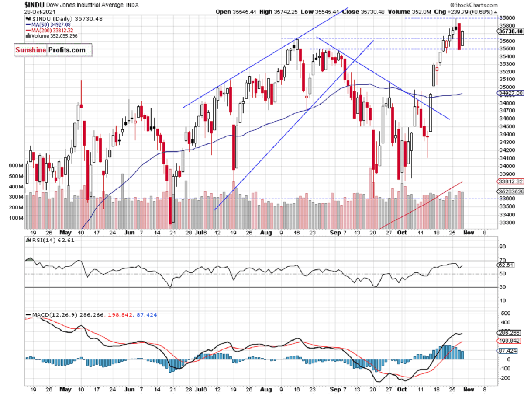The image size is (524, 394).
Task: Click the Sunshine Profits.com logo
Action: point(50,50)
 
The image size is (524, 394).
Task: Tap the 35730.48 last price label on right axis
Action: point(510,31)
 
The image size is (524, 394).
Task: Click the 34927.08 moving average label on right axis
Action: point(510,93)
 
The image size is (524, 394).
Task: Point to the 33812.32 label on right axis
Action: point(510,181)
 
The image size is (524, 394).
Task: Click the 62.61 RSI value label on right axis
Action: point(507,265)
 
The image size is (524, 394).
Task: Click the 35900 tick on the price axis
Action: point(507,18)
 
